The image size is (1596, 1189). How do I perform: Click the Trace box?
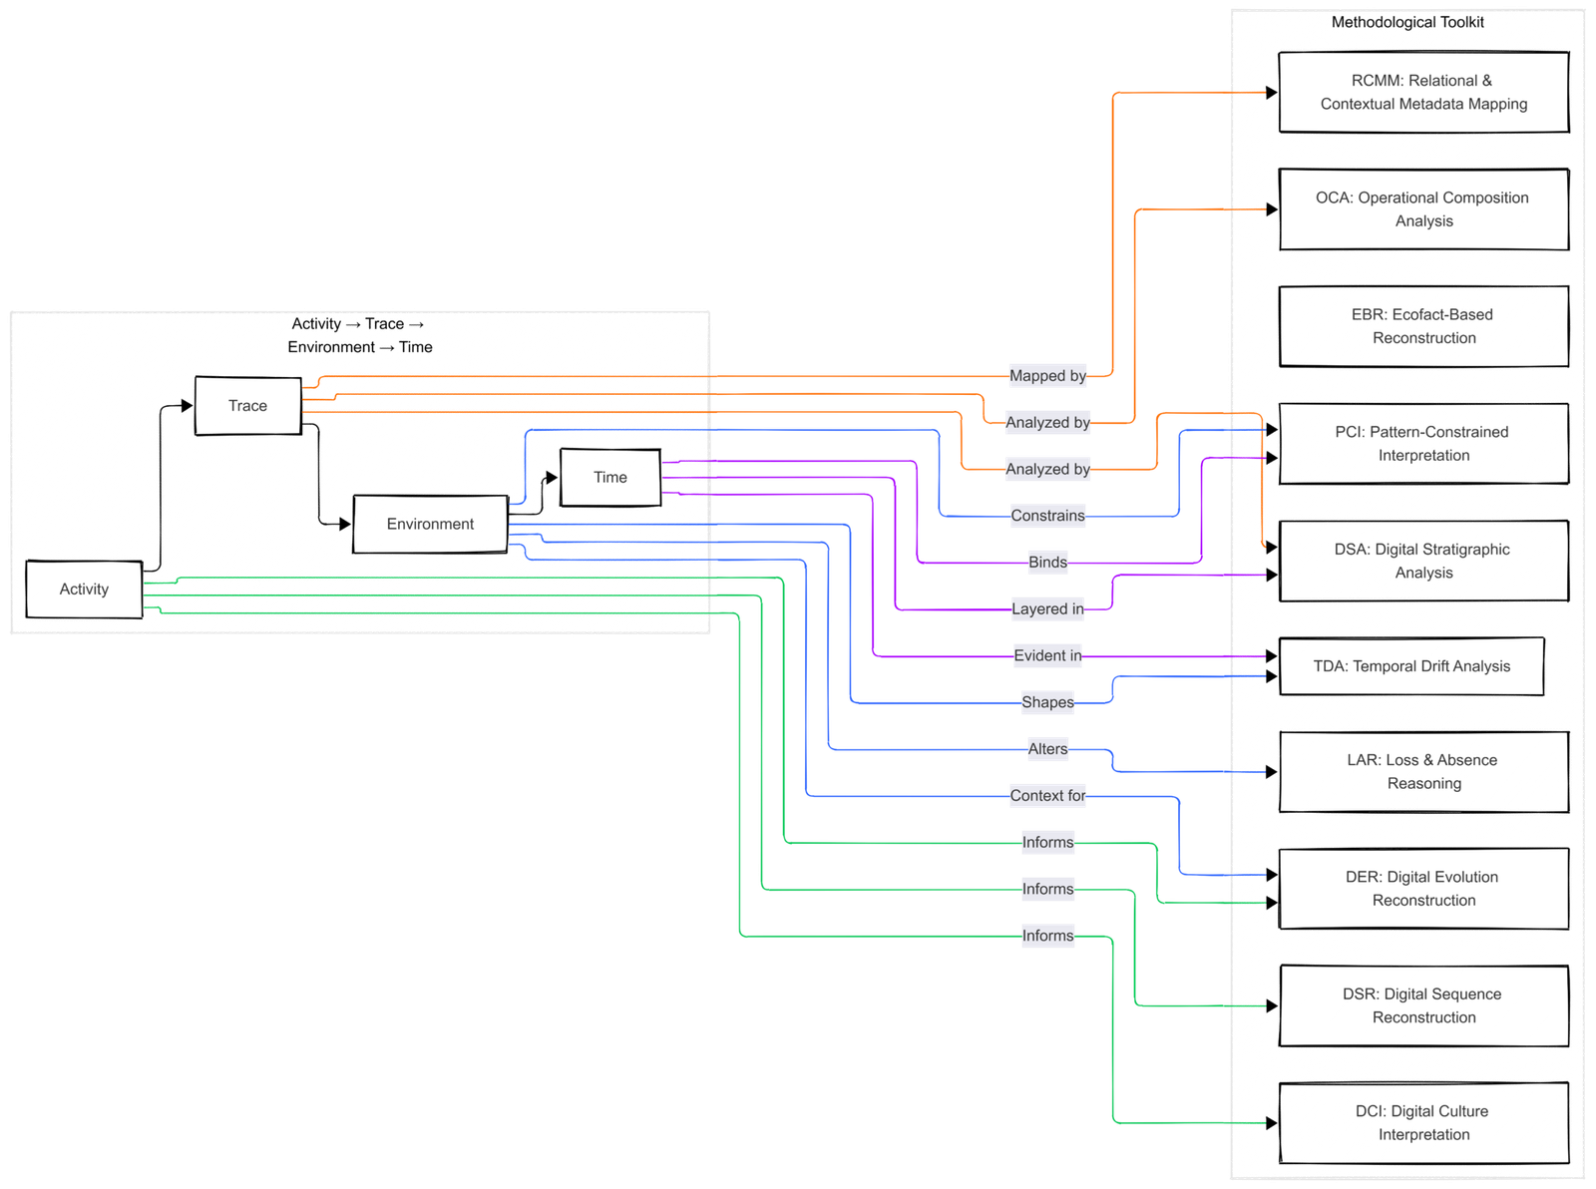point(247,405)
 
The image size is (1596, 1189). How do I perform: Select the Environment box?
point(430,524)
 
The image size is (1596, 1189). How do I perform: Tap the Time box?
point(609,477)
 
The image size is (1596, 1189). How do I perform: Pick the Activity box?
point(84,589)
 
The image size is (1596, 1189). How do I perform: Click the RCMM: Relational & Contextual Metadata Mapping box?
point(1423,92)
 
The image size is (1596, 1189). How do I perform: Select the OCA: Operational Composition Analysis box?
point(1423,209)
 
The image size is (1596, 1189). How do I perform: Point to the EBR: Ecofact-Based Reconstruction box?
point(1423,326)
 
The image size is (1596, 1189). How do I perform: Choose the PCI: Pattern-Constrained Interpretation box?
point(1423,443)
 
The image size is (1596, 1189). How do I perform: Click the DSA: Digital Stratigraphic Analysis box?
point(1423,561)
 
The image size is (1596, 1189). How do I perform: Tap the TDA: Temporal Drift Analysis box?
point(1410,666)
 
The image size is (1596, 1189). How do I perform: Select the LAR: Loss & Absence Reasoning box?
point(1423,771)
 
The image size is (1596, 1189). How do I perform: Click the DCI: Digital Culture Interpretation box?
point(1423,1122)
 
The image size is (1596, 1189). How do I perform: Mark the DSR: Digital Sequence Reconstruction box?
point(1423,1005)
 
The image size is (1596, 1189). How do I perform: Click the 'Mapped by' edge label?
point(1047,376)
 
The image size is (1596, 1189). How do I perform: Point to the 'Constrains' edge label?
point(1047,516)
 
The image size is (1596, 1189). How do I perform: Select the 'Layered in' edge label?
point(1047,608)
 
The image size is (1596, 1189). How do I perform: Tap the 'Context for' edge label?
point(1047,795)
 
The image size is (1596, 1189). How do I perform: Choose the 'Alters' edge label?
point(1047,749)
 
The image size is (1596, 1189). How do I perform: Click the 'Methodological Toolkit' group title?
point(1407,22)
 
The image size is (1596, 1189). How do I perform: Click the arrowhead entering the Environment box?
point(345,524)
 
